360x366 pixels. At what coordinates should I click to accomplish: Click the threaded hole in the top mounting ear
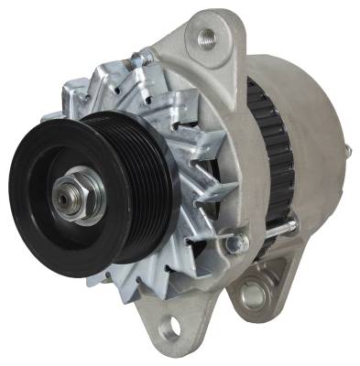point(206,38)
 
